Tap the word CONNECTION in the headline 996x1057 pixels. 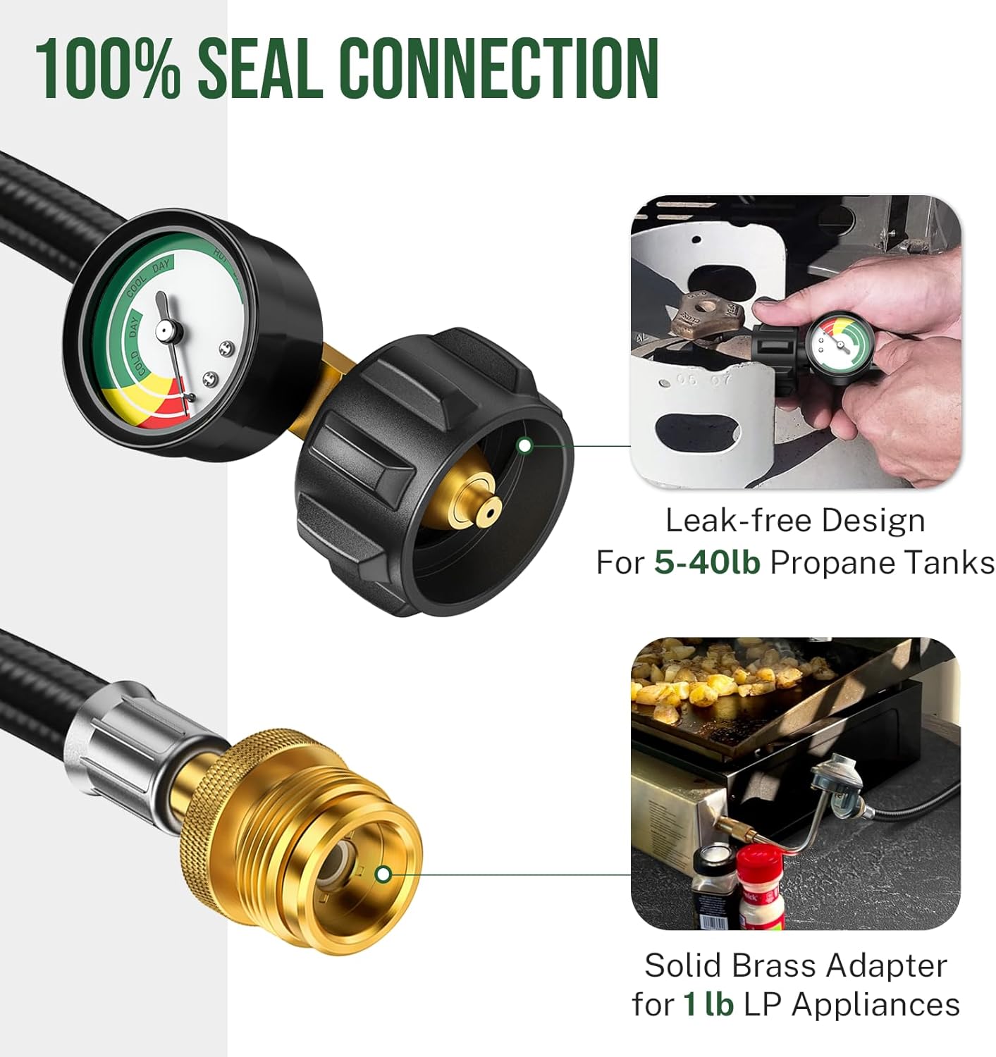point(500,68)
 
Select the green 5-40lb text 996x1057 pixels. point(707,562)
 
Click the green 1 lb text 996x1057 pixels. point(708,1004)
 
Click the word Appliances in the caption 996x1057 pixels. point(875,1004)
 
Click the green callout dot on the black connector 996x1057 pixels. point(524,445)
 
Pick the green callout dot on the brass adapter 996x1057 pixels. point(383,874)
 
